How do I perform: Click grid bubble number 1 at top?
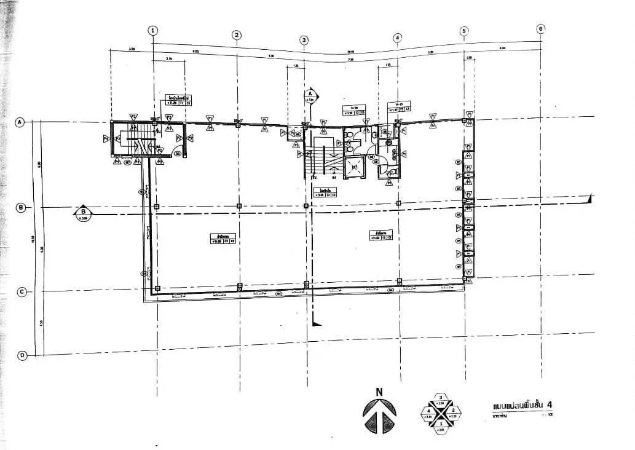click(x=153, y=30)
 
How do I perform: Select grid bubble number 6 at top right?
click(x=540, y=29)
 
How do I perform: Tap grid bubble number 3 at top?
click(x=304, y=40)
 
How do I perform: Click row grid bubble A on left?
click(x=20, y=122)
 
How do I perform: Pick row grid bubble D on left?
click(x=22, y=355)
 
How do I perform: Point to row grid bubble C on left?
click(x=21, y=292)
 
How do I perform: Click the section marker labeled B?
click(x=82, y=213)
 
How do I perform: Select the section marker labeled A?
click(x=310, y=95)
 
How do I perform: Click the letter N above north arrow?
click(x=379, y=391)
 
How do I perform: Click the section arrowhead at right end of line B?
click(x=589, y=198)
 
